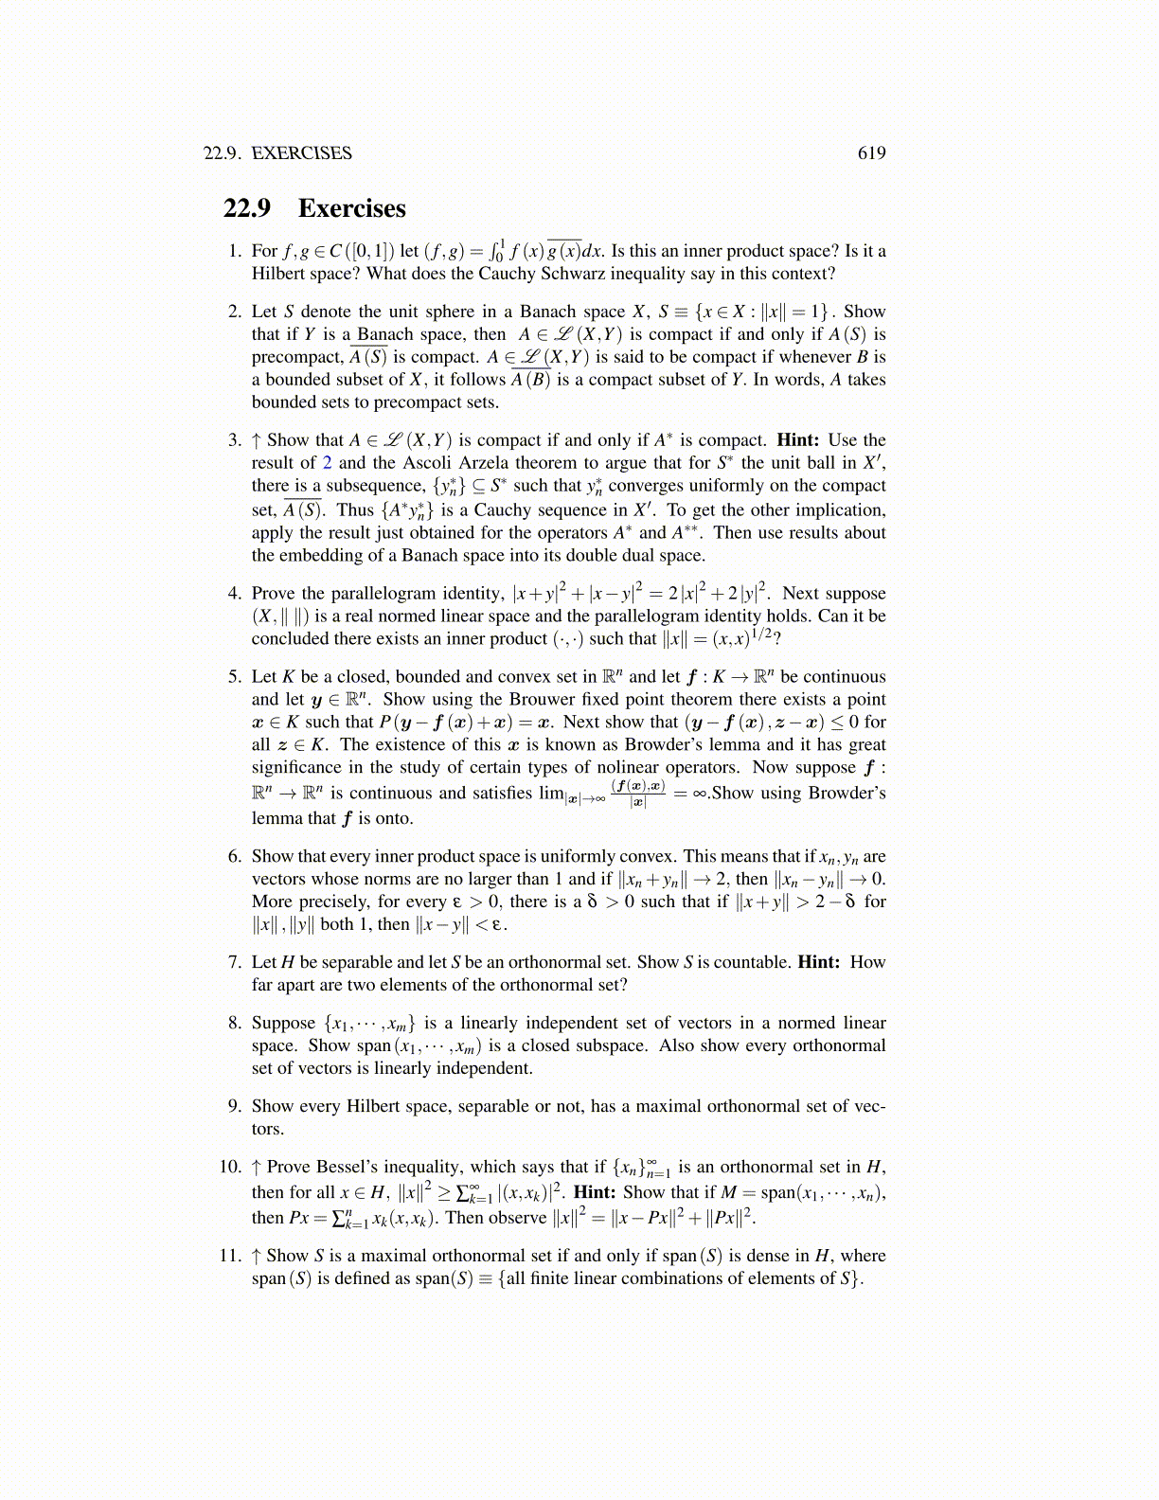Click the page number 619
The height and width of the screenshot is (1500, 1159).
pyautogui.click(x=871, y=153)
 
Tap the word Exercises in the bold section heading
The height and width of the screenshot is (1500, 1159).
pyautogui.click(x=351, y=208)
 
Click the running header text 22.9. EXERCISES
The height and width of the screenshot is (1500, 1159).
pyautogui.click(x=277, y=153)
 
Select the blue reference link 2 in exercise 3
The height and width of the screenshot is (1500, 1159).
pyautogui.click(x=327, y=463)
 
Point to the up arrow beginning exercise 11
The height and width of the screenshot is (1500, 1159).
pyautogui.click(x=256, y=1256)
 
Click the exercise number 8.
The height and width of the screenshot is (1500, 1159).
pyautogui.click(x=235, y=1023)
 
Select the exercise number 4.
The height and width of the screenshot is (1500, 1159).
pyautogui.click(x=235, y=594)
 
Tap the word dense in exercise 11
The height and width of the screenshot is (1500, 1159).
pyautogui.click(x=767, y=1256)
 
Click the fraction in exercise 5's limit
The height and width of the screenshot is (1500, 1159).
pyautogui.click(x=638, y=794)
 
